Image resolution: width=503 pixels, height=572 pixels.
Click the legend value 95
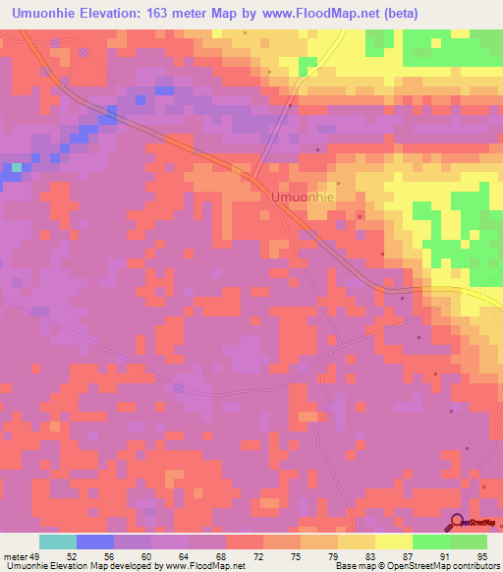tap(480, 556)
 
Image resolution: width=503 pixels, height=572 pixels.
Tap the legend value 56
tap(109, 556)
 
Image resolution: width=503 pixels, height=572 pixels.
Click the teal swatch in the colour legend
tap(57, 542)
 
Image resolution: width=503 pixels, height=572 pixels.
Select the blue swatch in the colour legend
tap(94, 542)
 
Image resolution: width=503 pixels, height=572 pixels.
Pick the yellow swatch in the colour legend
tap(393, 542)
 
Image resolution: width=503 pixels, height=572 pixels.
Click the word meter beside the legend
tap(17, 556)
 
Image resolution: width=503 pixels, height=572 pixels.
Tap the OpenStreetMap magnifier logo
tap(459, 523)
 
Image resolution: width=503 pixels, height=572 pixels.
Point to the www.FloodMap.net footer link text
tap(201, 566)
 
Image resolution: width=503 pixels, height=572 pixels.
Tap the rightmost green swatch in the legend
tap(468, 542)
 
